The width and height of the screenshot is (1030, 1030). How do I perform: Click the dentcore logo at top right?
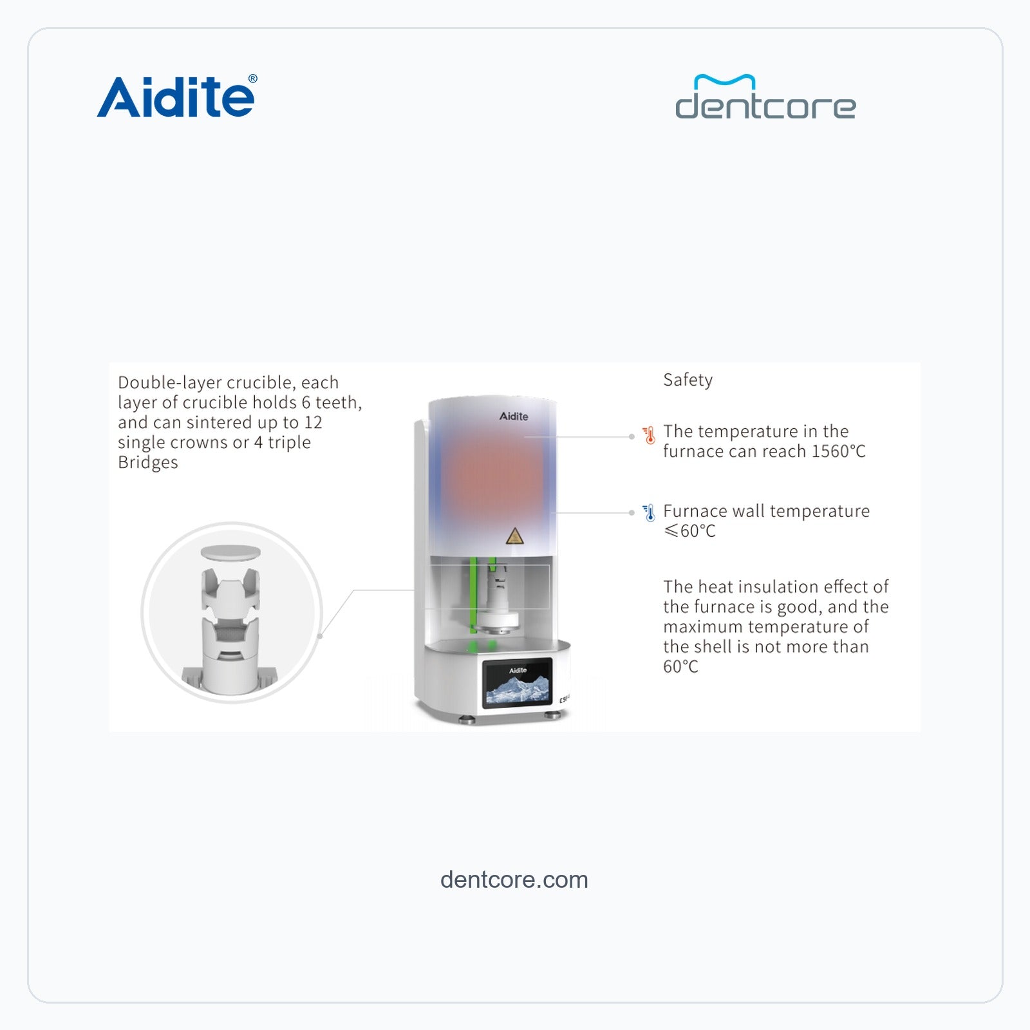[765, 97]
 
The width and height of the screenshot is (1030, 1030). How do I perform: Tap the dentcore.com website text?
[514, 879]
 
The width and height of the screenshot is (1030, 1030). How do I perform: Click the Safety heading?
[688, 380]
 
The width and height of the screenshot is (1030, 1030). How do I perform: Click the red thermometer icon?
[649, 435]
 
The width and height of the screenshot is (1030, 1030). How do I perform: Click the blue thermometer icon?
[649, 513]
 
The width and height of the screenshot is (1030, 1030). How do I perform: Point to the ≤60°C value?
[689, 531]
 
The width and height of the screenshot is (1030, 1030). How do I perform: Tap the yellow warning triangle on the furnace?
[514, 536]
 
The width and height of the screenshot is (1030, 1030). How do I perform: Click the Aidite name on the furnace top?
[514, 417]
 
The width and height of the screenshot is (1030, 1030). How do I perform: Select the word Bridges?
[148, 463]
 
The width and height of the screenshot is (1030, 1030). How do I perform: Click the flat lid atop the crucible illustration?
[230, 552]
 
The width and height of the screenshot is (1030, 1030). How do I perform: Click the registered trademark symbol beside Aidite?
[252, 79]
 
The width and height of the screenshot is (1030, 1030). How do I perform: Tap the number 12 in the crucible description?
[313, 423]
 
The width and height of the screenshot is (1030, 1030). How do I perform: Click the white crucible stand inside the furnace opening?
[498, 599]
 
